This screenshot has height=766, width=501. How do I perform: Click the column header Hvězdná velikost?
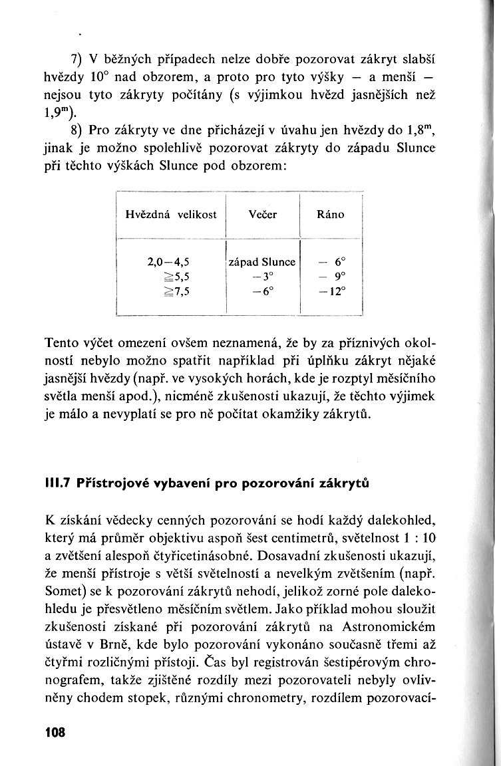[171, 215]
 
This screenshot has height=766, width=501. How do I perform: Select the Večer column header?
[262, 215]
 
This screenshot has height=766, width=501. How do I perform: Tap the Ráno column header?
[331, 215]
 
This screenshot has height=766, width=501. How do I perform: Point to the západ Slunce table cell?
[263, 262]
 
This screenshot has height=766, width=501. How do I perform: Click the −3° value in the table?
[263, 275]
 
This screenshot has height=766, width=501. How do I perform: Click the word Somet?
[64, 589]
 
